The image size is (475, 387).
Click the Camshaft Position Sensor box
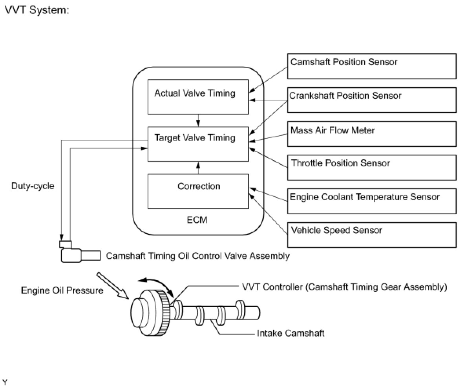point(372,66)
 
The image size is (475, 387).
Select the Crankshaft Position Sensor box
point(372,100)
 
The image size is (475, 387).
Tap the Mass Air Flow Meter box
point(372,134)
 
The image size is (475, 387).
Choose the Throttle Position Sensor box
point(372,168)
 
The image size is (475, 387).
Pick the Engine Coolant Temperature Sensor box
point(372,201)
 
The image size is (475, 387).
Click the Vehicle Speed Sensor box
point(372,235)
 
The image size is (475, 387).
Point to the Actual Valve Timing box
point(198,97)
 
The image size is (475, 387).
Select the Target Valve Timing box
point(198,144)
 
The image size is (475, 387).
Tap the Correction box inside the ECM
point(198,191)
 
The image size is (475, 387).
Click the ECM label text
point(197,220)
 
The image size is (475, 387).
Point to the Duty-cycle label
point(33,186)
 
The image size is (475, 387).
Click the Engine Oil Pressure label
point(62,290)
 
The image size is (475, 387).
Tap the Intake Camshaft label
point(290,333)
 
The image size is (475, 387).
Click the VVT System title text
point(37,10)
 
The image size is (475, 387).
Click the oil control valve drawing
point(80,252)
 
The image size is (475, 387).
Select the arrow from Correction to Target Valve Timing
point(198,168)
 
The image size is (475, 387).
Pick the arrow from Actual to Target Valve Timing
point(198,120)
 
